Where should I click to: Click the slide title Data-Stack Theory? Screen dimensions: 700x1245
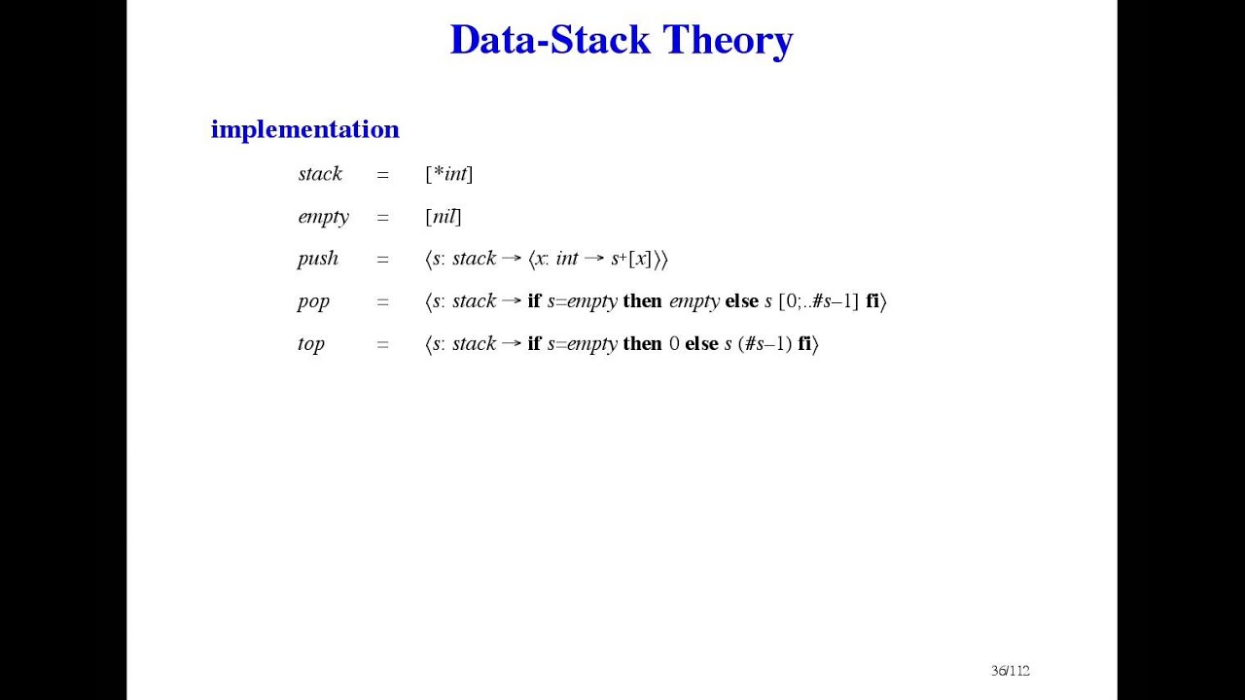point(622,40)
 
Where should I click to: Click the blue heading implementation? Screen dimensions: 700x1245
point(304,129)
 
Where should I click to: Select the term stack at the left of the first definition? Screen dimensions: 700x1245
point(320,174)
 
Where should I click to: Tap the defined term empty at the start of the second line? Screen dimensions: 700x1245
point(323,217)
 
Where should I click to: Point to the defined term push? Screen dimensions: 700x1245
point(318,259)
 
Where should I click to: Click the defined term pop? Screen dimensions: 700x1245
point(313,301)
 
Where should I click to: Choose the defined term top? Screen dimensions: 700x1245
point(311,344)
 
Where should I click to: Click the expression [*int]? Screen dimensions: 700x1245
point(448,174)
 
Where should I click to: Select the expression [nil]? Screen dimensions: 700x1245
point(443,217)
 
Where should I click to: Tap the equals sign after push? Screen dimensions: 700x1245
point(382,260)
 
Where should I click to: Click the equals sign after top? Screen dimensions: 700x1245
point(382,344)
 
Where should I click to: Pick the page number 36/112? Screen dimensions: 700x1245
point(1010,671)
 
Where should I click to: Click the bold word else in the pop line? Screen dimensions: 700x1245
point(741,301)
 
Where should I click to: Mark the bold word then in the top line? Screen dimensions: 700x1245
point(642,344)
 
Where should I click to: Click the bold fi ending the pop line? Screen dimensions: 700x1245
point(872,301)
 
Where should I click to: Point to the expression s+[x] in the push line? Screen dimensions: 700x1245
point(631,259)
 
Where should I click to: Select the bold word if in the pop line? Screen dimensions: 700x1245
point(534,301)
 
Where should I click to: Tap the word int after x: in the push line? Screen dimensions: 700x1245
point(567,259)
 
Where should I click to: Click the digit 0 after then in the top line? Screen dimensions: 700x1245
point(674,344)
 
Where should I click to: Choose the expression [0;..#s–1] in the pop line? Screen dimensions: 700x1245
point(819,301)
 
